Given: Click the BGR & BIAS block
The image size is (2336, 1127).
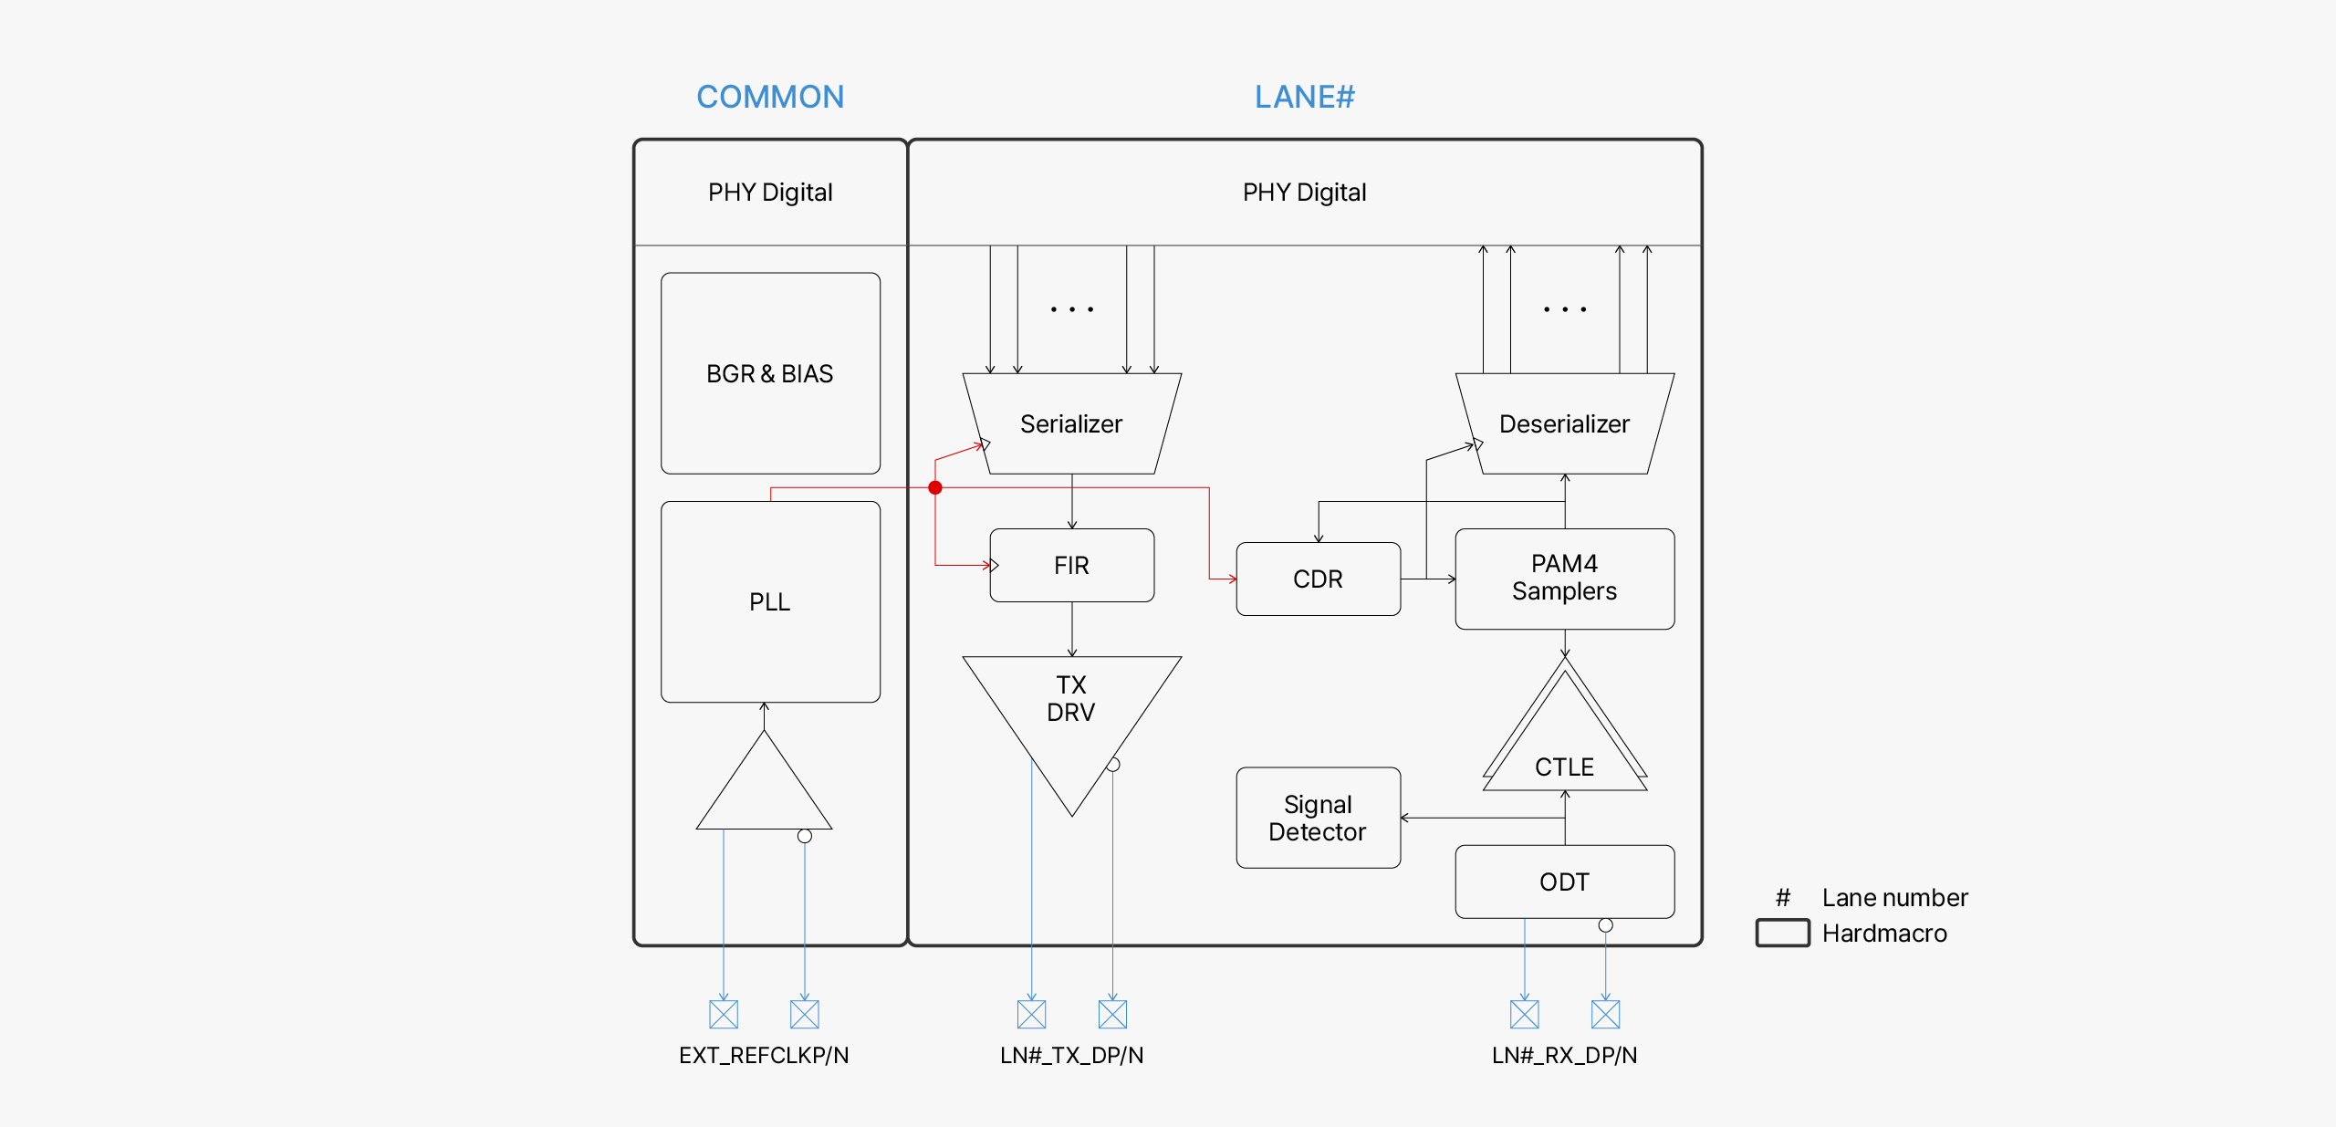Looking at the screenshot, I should (x=770, y=373).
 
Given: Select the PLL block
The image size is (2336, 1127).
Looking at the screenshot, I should (x=770, y=601).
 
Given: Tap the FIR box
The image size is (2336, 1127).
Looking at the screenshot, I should (x=1071, y=565).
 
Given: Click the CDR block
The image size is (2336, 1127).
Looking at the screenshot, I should (x=1318, y=579).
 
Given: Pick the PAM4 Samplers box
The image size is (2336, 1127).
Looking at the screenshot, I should (x=1564, y=579).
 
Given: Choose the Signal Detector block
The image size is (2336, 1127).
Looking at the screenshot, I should (x=1318, y=818).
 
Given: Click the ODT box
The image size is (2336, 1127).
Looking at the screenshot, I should (x=1564, y=882).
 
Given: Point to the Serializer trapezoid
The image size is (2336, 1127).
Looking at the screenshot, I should (x=1071, y=423).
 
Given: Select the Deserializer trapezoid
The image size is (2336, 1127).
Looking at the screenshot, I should (x=1564, y=423).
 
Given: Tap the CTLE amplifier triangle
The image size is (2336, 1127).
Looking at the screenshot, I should (x=1564, y=748).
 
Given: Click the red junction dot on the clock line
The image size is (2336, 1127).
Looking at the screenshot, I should (x=935, y=488).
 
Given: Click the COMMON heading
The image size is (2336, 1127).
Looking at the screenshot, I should (x=770, y=97).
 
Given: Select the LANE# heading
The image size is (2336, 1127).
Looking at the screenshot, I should (x=1304, y=97).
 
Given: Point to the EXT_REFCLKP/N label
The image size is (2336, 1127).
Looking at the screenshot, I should (x=764, y=1055).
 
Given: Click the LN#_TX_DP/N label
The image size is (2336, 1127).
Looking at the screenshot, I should (x=1071, y=1055).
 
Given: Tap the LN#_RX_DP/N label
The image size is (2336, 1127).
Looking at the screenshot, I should (x=1564, y=1055).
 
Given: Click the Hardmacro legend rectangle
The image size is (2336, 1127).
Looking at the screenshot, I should (x=1782, y=933).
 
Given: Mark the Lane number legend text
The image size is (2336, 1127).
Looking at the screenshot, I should (x=1894, y=898).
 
